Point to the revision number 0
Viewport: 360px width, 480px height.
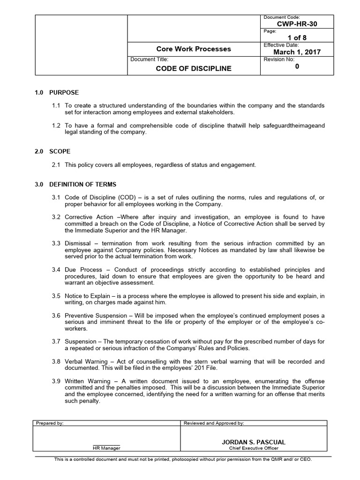[x=297, y=67]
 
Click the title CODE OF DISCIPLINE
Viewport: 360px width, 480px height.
[x=194, y=68]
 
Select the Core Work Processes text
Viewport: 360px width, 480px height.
[x=194, y=49]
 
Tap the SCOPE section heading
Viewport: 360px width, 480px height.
[x=60, y=151]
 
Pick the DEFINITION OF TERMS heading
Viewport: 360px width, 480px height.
[x=82, y=184]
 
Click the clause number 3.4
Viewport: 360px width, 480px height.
[x=56, y=270]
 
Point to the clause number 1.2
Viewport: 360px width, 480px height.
[x=56, y=126]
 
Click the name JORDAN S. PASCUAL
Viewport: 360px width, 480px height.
[x=254, y=442]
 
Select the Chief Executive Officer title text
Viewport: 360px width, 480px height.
[x=254, y=448]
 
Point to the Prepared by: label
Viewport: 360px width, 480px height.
[x=50, y=423]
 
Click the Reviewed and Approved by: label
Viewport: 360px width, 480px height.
[x=214, y=423]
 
